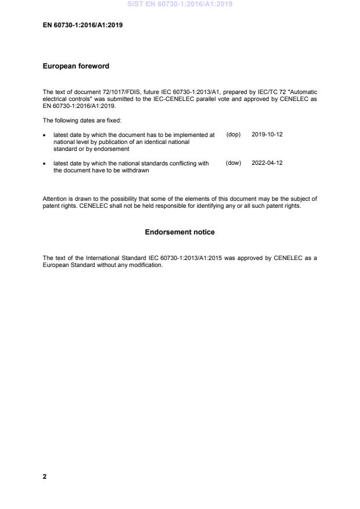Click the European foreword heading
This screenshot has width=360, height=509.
click(x=76, y=66)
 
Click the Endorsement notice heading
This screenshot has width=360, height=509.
click(x=179, y=232)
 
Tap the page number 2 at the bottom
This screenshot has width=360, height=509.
click(x=45, y=476)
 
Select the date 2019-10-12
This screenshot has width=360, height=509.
click(x=267, y=135)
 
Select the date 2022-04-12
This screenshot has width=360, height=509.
click(x=267, y=164)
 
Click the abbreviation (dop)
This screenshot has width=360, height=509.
click(x=233, y=135)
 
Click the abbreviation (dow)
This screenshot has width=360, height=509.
click(x=233, y=164)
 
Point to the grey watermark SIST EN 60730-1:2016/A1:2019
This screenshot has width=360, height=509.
click(x=179, y=5)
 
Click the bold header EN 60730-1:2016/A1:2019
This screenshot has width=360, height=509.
click(x=82, y=26)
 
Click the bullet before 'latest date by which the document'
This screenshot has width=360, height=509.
click(x=45, y=135)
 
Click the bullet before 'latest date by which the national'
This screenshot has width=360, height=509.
click(x=45, y=164)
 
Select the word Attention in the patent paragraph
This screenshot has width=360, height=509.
click(x=55, y=199)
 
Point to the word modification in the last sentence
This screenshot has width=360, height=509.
click(x=147, y=265)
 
